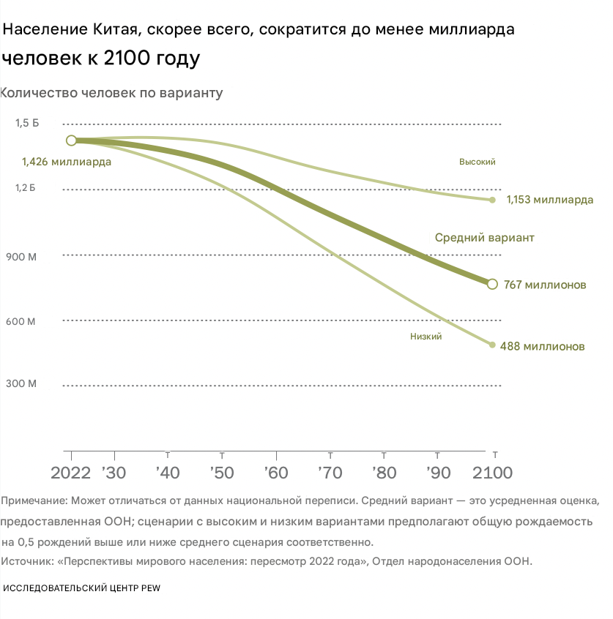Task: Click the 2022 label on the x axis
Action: [x=71, y=472]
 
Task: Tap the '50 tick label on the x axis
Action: [x=221, y=472]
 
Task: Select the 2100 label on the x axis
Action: [x=493, y=472]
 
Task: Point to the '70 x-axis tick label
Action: [x=330, y=472]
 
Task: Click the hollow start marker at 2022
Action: [x=71, y=140]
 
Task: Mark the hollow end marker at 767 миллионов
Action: [x=492, y=284]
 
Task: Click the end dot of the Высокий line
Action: [x=492, y=200]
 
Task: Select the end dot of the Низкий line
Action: [x=492, y=345]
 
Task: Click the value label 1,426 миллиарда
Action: [x=67, y=162]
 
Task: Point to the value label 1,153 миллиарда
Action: [x=550, y=200]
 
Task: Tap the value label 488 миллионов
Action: [x=542, y=346]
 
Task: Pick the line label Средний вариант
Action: [x=485, y=238]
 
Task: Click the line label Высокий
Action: [x=478, y=162]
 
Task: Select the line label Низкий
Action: [x=426, y=337]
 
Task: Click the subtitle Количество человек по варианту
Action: [x=111, y=93]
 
